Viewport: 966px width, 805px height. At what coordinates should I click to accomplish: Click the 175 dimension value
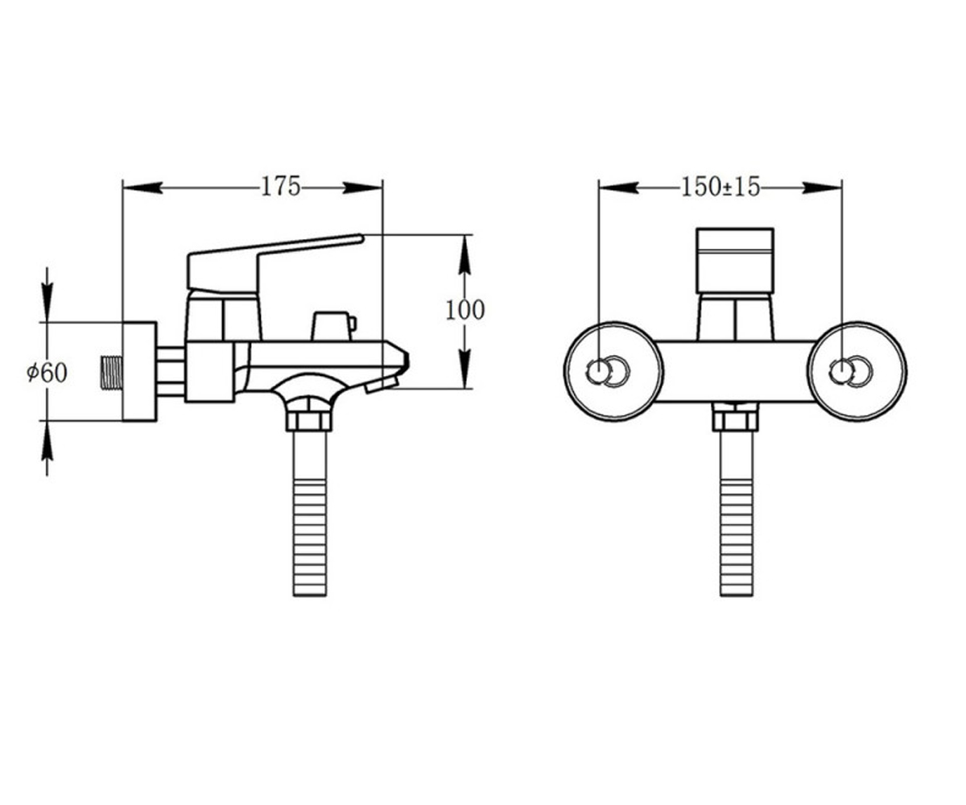[281, 187]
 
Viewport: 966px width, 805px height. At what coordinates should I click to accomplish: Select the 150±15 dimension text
[720, 188]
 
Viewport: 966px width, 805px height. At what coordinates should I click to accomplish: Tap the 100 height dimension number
[465, 310]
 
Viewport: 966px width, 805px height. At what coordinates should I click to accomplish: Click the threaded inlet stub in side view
[111, 373]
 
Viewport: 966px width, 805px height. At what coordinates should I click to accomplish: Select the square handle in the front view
[735, 261]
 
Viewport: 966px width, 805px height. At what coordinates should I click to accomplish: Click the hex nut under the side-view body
[308, 420]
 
